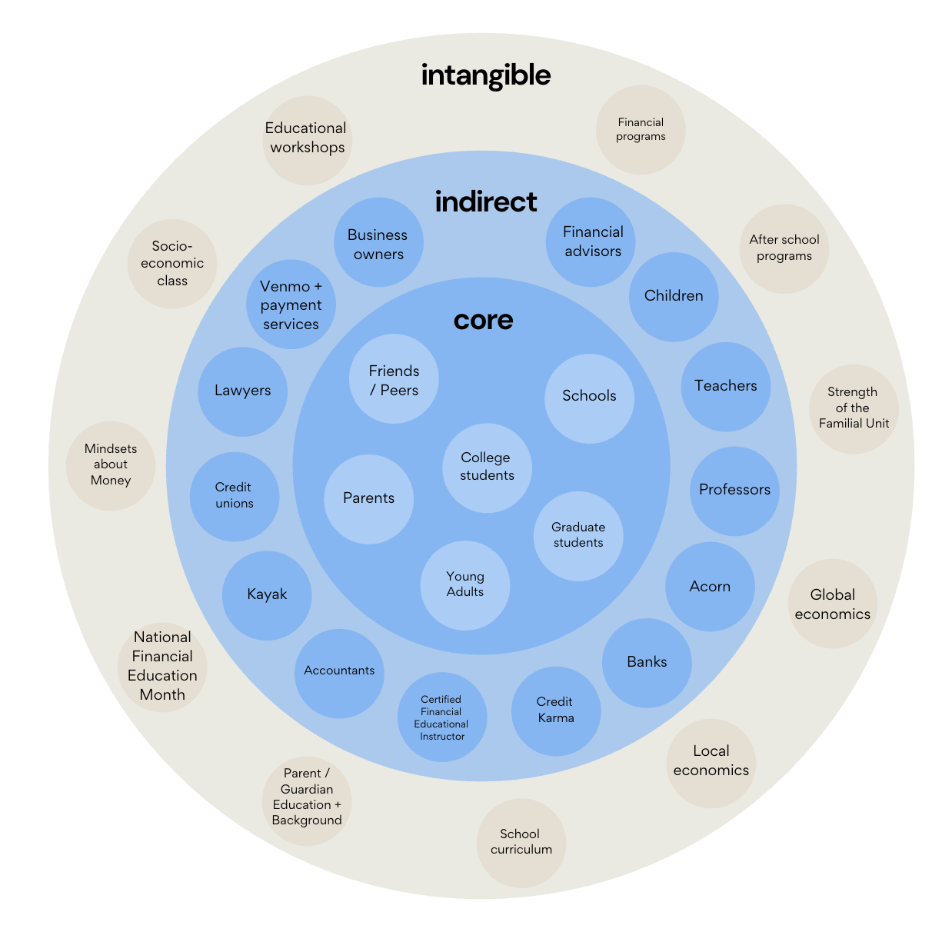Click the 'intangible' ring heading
(486, 75)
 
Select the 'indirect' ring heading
(486, 201)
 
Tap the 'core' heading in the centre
(483, 320)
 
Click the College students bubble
(487, 467)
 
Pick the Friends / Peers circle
(394, 380)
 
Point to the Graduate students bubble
(578, 535)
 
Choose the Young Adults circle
(464, 584)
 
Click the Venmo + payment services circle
(291, 305)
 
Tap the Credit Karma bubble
(555, 711)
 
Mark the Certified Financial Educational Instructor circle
(442, 717)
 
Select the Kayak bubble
(267, 595)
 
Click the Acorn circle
(710, 587)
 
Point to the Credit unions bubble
(234, 496)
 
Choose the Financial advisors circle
(591, 242)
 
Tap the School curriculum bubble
(521, 842)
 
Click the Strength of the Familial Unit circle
(854, 408)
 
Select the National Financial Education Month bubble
(162, 667)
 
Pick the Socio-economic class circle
(172, 264)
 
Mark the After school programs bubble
(784, 248)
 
